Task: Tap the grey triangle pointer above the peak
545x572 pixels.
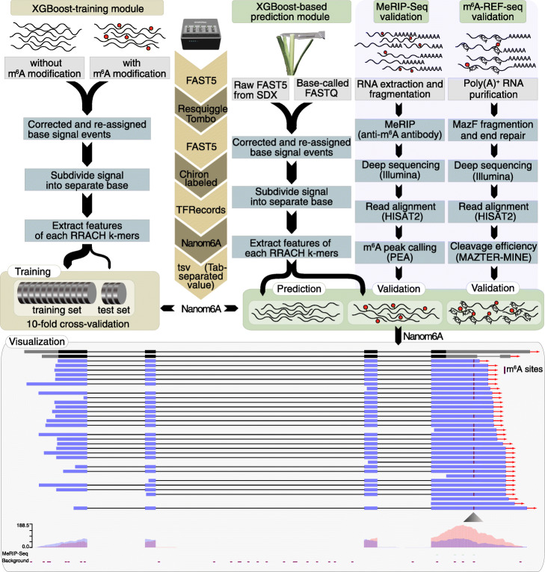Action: (472, 517)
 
